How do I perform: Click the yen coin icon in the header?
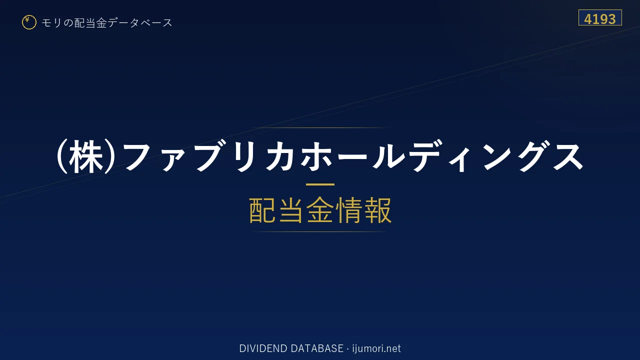29,22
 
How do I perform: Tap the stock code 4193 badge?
600,17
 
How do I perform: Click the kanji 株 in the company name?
86,156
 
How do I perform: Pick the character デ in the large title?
425,156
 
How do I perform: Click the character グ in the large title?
532,156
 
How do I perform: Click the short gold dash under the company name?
320,184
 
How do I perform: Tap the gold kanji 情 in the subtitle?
349,210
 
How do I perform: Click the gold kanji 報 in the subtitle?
378,210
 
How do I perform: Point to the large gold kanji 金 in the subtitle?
320,210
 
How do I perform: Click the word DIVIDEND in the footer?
263,348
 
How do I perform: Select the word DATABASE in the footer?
317,348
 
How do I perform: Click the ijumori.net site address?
376,348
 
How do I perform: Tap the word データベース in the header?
140,22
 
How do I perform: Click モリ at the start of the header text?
51,22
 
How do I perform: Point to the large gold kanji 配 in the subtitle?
262,210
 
